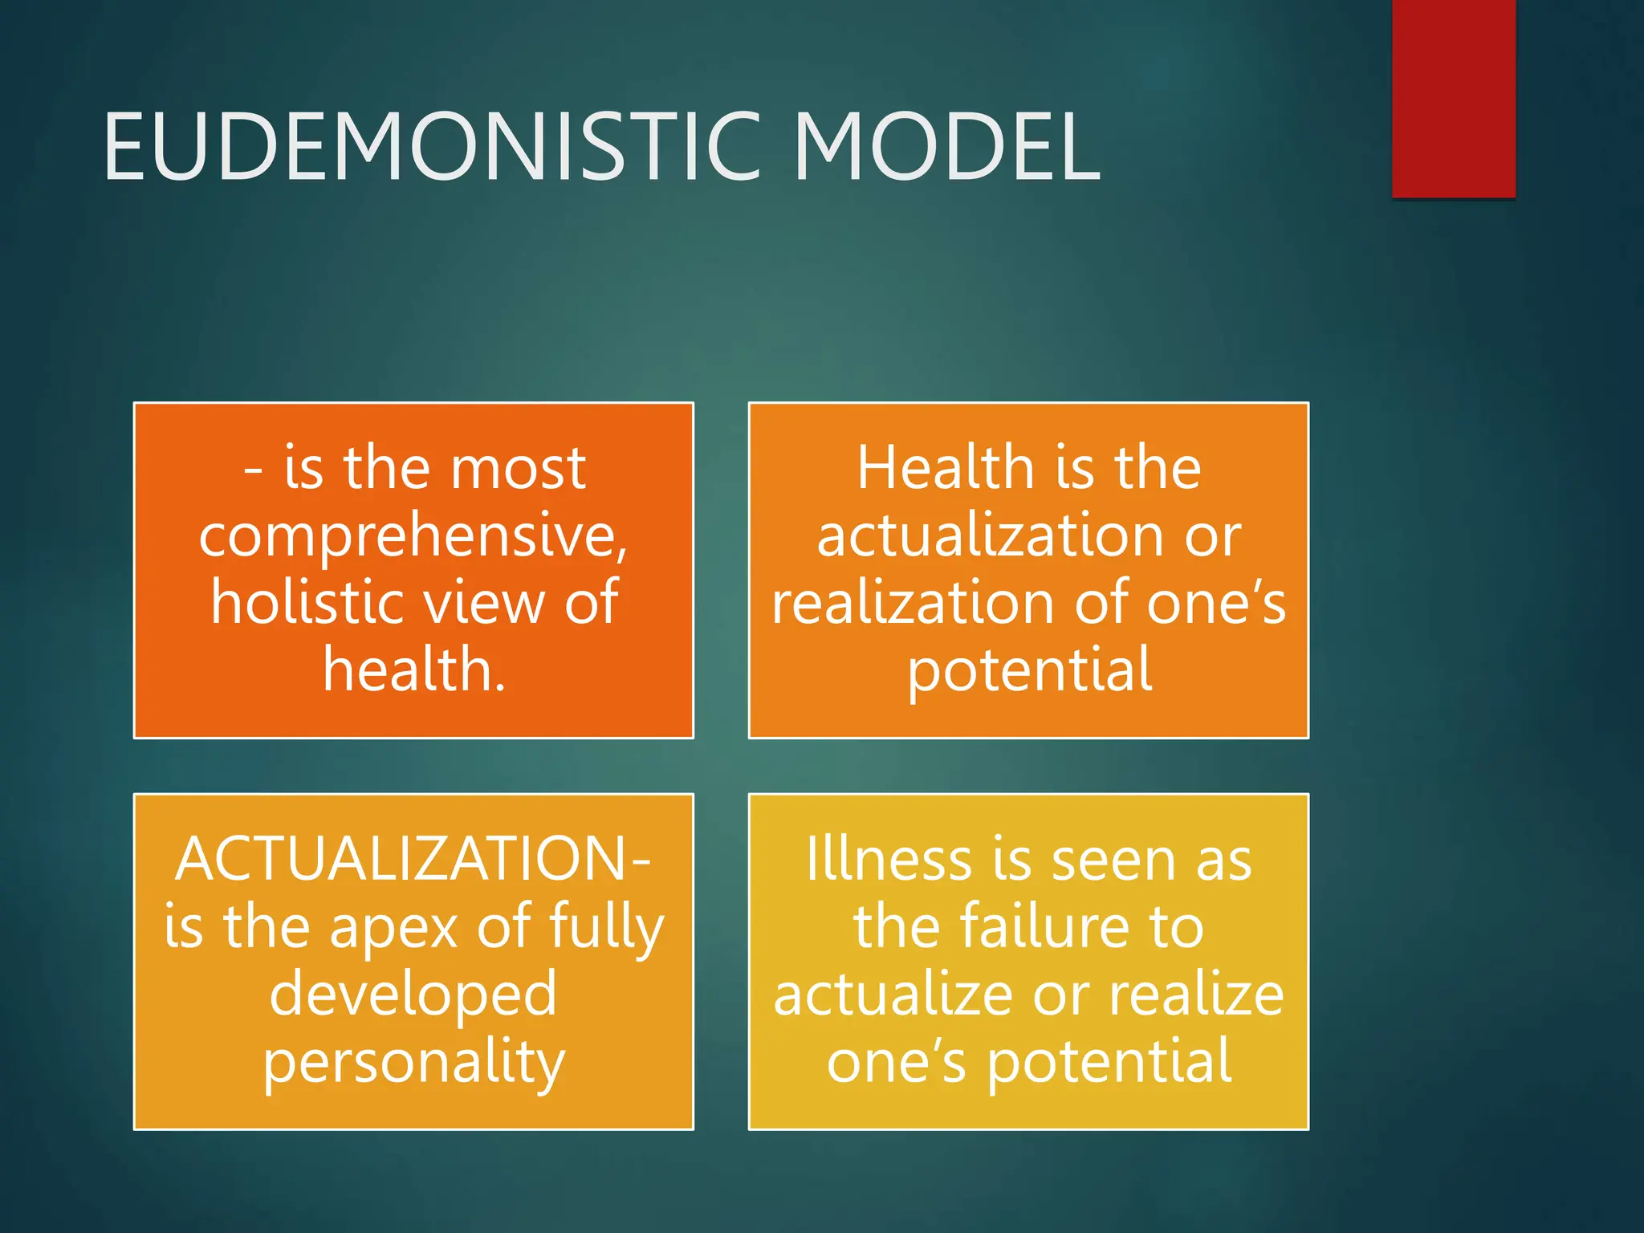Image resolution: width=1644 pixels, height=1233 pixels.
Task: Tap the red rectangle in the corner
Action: (1453, 98)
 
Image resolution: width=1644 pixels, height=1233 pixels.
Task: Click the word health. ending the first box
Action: (414, 669)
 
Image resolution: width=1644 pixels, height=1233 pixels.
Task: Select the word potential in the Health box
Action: (1029, 671)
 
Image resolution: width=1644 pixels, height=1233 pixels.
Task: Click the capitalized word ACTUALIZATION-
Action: (413, 859)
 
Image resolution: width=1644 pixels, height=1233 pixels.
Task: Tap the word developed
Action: (413, 995)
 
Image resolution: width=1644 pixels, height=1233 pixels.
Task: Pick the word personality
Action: (414, 1063)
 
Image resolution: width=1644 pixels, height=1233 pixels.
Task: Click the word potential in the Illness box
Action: (1109, 1062)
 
